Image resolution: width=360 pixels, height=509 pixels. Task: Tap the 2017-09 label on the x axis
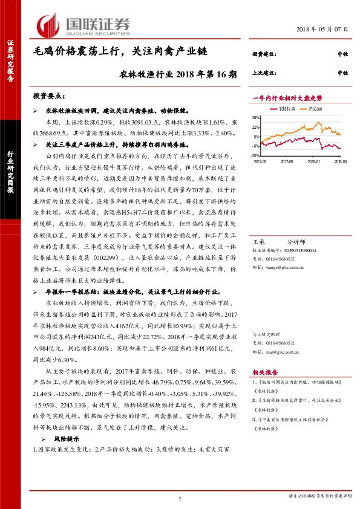tap(287, 162)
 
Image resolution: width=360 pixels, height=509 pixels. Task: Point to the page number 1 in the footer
tap(180, 498)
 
